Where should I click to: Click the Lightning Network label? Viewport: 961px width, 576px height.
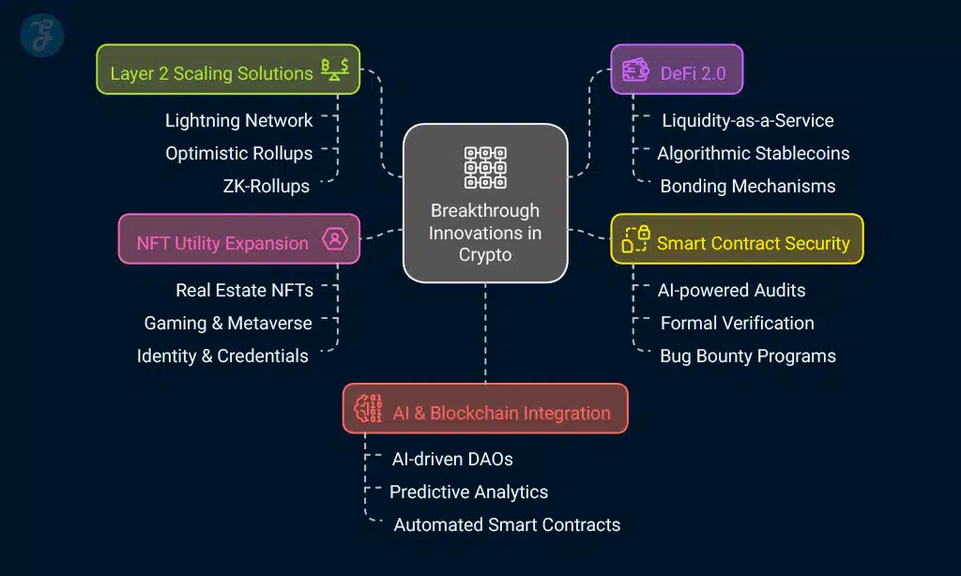pyautogui.click(x=238, y=120)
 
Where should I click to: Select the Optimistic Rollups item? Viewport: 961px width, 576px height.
pyautogui.click(x=238, y=153)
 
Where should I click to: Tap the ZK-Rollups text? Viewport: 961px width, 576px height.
pyautogui.click(x=266, y=186)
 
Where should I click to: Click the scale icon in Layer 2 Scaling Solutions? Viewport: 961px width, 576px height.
pyautogui.click(x=335, y=70)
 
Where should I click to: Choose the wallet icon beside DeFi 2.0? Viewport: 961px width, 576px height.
pyautogui.click(x=636, y=70)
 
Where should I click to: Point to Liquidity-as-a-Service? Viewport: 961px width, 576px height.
pyautogui.click(x=747, y=120)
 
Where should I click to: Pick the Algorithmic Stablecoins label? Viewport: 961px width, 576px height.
pyautogui.click(x=753, y=153)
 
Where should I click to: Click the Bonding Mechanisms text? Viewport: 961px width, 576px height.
pyautogui.click(x=747, y=186)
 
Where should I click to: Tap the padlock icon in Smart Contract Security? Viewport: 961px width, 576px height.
pyautogui.click(x=636, y=239)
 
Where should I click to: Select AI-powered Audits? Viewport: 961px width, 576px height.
pyautogui.click(x=731, y=290)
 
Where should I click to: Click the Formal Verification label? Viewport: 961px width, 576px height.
pyautogui.click(x=737, y=323)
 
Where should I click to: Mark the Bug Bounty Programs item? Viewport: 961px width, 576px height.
pyautogui.click(x=747, y=356)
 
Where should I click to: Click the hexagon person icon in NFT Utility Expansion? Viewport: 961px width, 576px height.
pyautogui.click(x=334, y=239)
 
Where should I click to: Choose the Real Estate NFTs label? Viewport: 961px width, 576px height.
pyautogui.click(x=244, y=290)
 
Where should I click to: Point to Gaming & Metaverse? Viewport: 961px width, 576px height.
pyautogui.click(x=228, y=323)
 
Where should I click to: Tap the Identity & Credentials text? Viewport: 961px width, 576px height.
pyautogui.click(x=222, y=356)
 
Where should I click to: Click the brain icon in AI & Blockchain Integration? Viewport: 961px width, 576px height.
pyautogui.click(x=368, y=409)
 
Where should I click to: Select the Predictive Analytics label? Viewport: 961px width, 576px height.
pyautogui.click(x=468, y=492)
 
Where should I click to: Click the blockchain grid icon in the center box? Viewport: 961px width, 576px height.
pyautogui.click(x=485, y=167)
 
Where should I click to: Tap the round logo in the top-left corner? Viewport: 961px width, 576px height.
pyautogui.click(x=41, y=35)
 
